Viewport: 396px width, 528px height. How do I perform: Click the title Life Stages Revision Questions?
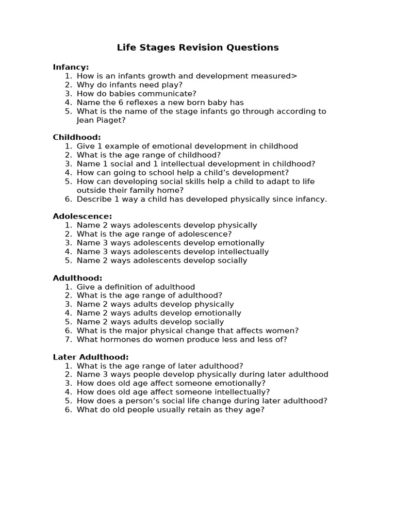pyautogui.click(x=197, y=47)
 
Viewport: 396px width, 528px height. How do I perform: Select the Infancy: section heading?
pyautogui.click(x=71, y=67)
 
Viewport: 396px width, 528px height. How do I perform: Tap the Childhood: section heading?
pyautogui.click(x=77, y=137)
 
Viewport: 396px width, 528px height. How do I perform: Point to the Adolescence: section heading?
pyautogui.click(x=82, y=216)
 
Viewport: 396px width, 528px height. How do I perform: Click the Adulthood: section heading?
pyautogui.click(x=77, y=278)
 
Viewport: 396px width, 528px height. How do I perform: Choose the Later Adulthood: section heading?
pyautogui.click(x=91, y=357)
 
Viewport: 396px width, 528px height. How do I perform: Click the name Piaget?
pyautogui.click(x=112, y=120)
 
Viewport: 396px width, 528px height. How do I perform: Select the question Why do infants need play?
pyautogui.click(x=129, y=85)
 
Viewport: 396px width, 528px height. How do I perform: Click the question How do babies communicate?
pyautogui.click(x=137, y=94)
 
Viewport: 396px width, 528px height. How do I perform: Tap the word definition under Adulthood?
pyautogui.click(x=134, y=287)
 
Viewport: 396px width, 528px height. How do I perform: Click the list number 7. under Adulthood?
pyautogui.click(x=68, y=340)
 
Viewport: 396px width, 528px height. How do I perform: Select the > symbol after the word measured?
pyautogui.click(x=294, y=76)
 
